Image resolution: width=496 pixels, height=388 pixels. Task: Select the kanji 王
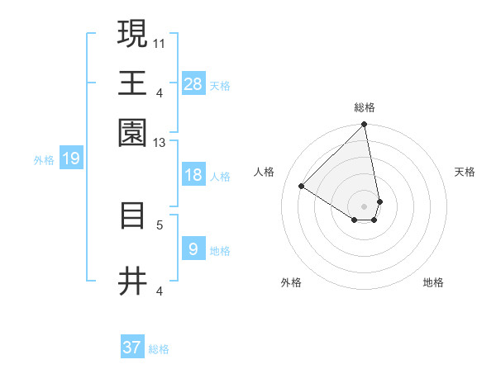tap(133, 82)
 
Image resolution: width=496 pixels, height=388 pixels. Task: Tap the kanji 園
tap(133, 132)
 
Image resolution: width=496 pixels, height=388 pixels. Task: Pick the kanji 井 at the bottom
tap(133, 282)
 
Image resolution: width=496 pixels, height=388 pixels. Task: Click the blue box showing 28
tap(193, 84)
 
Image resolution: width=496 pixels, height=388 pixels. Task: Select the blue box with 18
tap(193, 175)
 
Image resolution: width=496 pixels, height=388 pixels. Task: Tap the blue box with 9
tap(193, 249)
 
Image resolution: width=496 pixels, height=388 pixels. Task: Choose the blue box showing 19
tap(70, 159)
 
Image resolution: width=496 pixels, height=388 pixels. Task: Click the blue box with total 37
tap(132, 348)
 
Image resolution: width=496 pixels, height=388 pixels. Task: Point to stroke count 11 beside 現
tap(160, 41)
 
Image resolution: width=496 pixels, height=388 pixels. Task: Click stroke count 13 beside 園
tap(160, 143)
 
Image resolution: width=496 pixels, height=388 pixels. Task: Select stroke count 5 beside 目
tap(160, 224)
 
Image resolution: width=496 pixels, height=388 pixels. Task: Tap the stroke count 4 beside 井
tap(160, 291)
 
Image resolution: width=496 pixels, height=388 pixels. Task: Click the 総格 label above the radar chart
tap(365, 108)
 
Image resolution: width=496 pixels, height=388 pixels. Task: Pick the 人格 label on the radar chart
tap(265, 172)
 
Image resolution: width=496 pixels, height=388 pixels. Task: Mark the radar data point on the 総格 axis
tap(365, 125)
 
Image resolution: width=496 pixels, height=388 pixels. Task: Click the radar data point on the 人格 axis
tap(302, 187)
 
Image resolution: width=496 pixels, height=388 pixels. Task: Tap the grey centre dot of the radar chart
tap(365, 206)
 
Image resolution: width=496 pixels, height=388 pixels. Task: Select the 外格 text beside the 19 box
tap(43, 160)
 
